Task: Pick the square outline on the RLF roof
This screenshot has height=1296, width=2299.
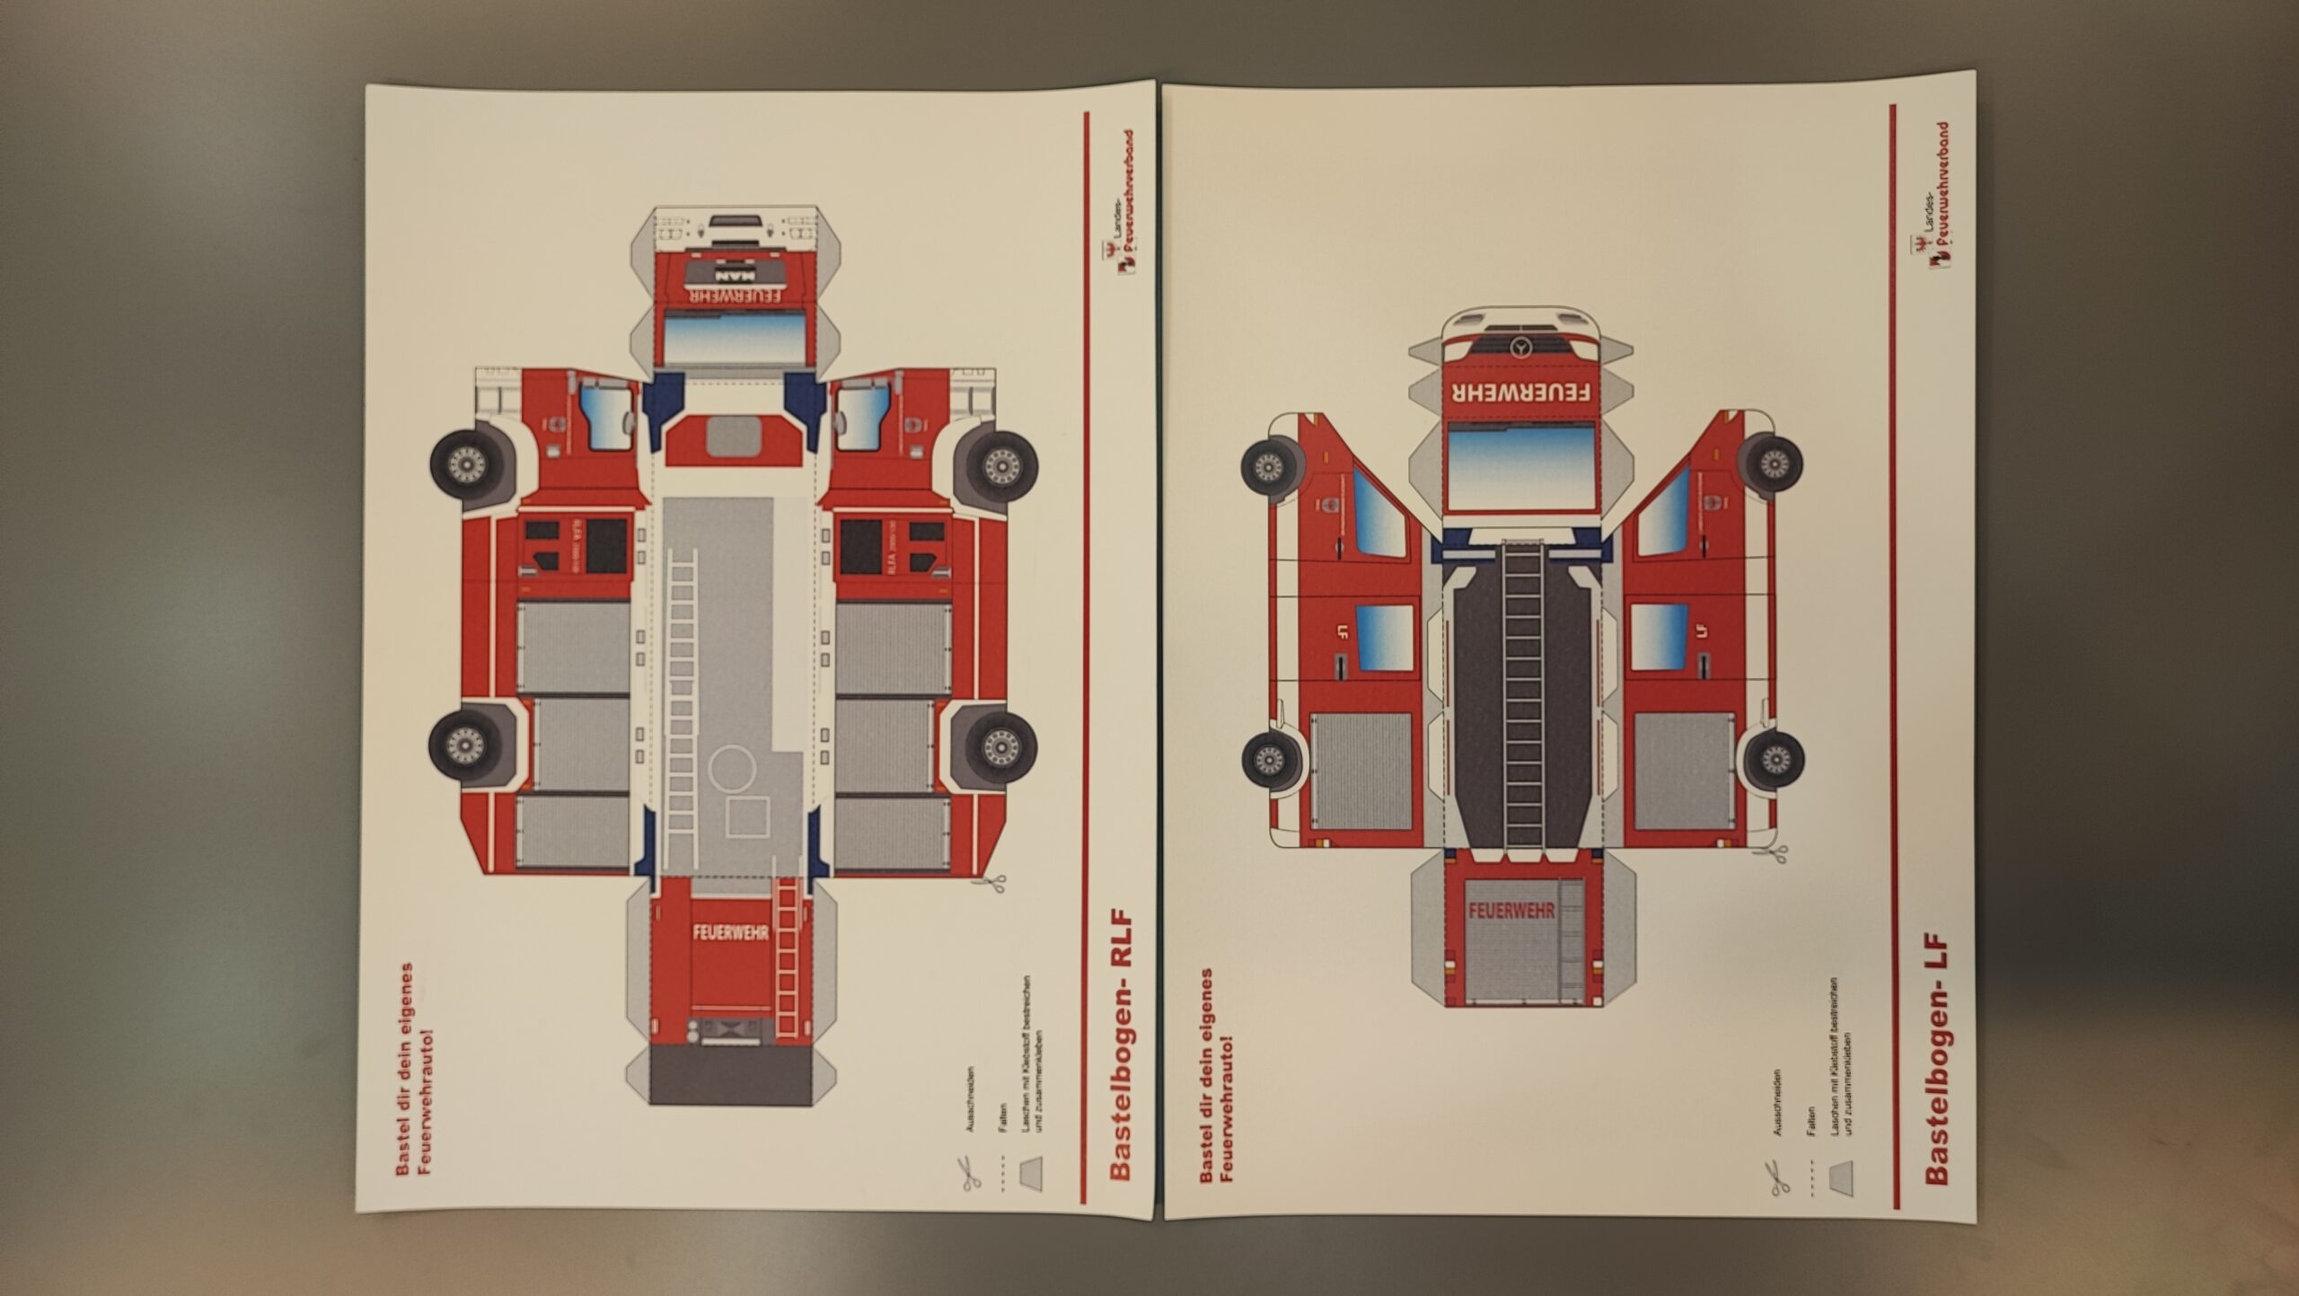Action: pos(747,817)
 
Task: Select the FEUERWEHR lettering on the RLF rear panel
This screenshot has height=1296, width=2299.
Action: pos(730,932)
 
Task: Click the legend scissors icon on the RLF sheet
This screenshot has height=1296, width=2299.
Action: pos(971,1173)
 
